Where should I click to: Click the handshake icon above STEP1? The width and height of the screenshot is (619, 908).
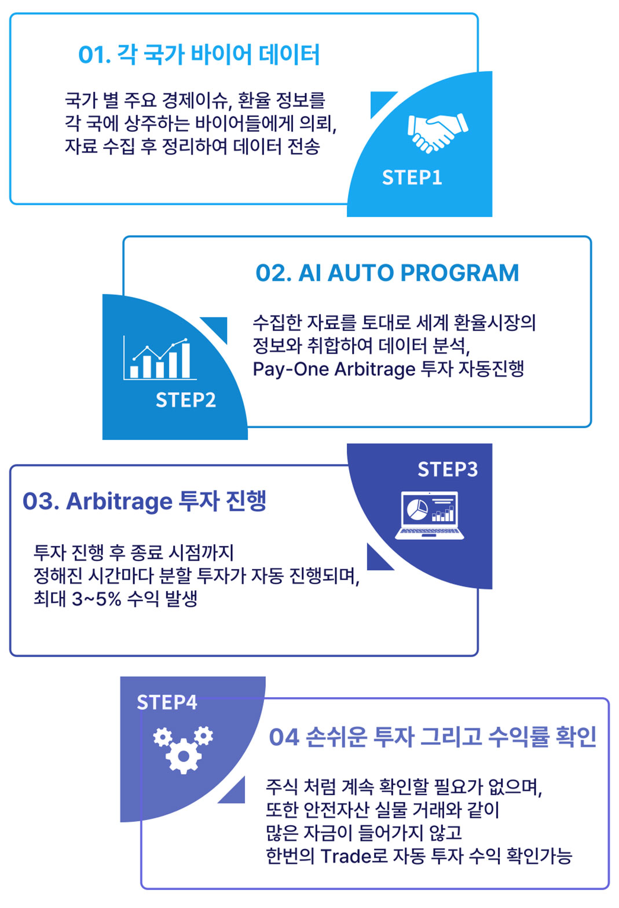pyautogui.click(x=437, y=133)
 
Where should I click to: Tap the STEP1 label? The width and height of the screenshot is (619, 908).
pyautogui.click(x=412, y=177)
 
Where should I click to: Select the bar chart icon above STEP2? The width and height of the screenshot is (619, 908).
pyautogui.click(x=159, y=359)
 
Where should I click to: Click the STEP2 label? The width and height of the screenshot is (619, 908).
pyautogui.click(x=185, y=400)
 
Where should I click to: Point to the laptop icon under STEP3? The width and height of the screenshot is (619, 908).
pyautogui.click(x=429, y=515)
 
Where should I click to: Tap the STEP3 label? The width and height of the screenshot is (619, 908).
pyautogui.click(x=448, y=469)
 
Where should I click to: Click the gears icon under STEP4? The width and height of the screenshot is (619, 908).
pyautogui.click(x=183, y=749)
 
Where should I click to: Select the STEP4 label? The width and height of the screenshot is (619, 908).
pyautogui.click(x=167, y=702)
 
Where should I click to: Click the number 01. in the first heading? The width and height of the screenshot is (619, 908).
pyautogui.click(x=94, y=55)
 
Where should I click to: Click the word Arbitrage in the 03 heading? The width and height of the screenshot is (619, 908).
pyautogui.click(x=119, y=501)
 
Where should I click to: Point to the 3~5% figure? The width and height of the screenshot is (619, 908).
pyautogui.click(x=96, y=599)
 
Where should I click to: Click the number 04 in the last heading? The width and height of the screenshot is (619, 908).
pyautogui.click(x=284, y=737)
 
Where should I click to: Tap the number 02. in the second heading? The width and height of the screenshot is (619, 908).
pyautogui.click(x=273, y=273)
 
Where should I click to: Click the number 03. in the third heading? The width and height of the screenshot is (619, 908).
pyautogui.click(x=41, y=501)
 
